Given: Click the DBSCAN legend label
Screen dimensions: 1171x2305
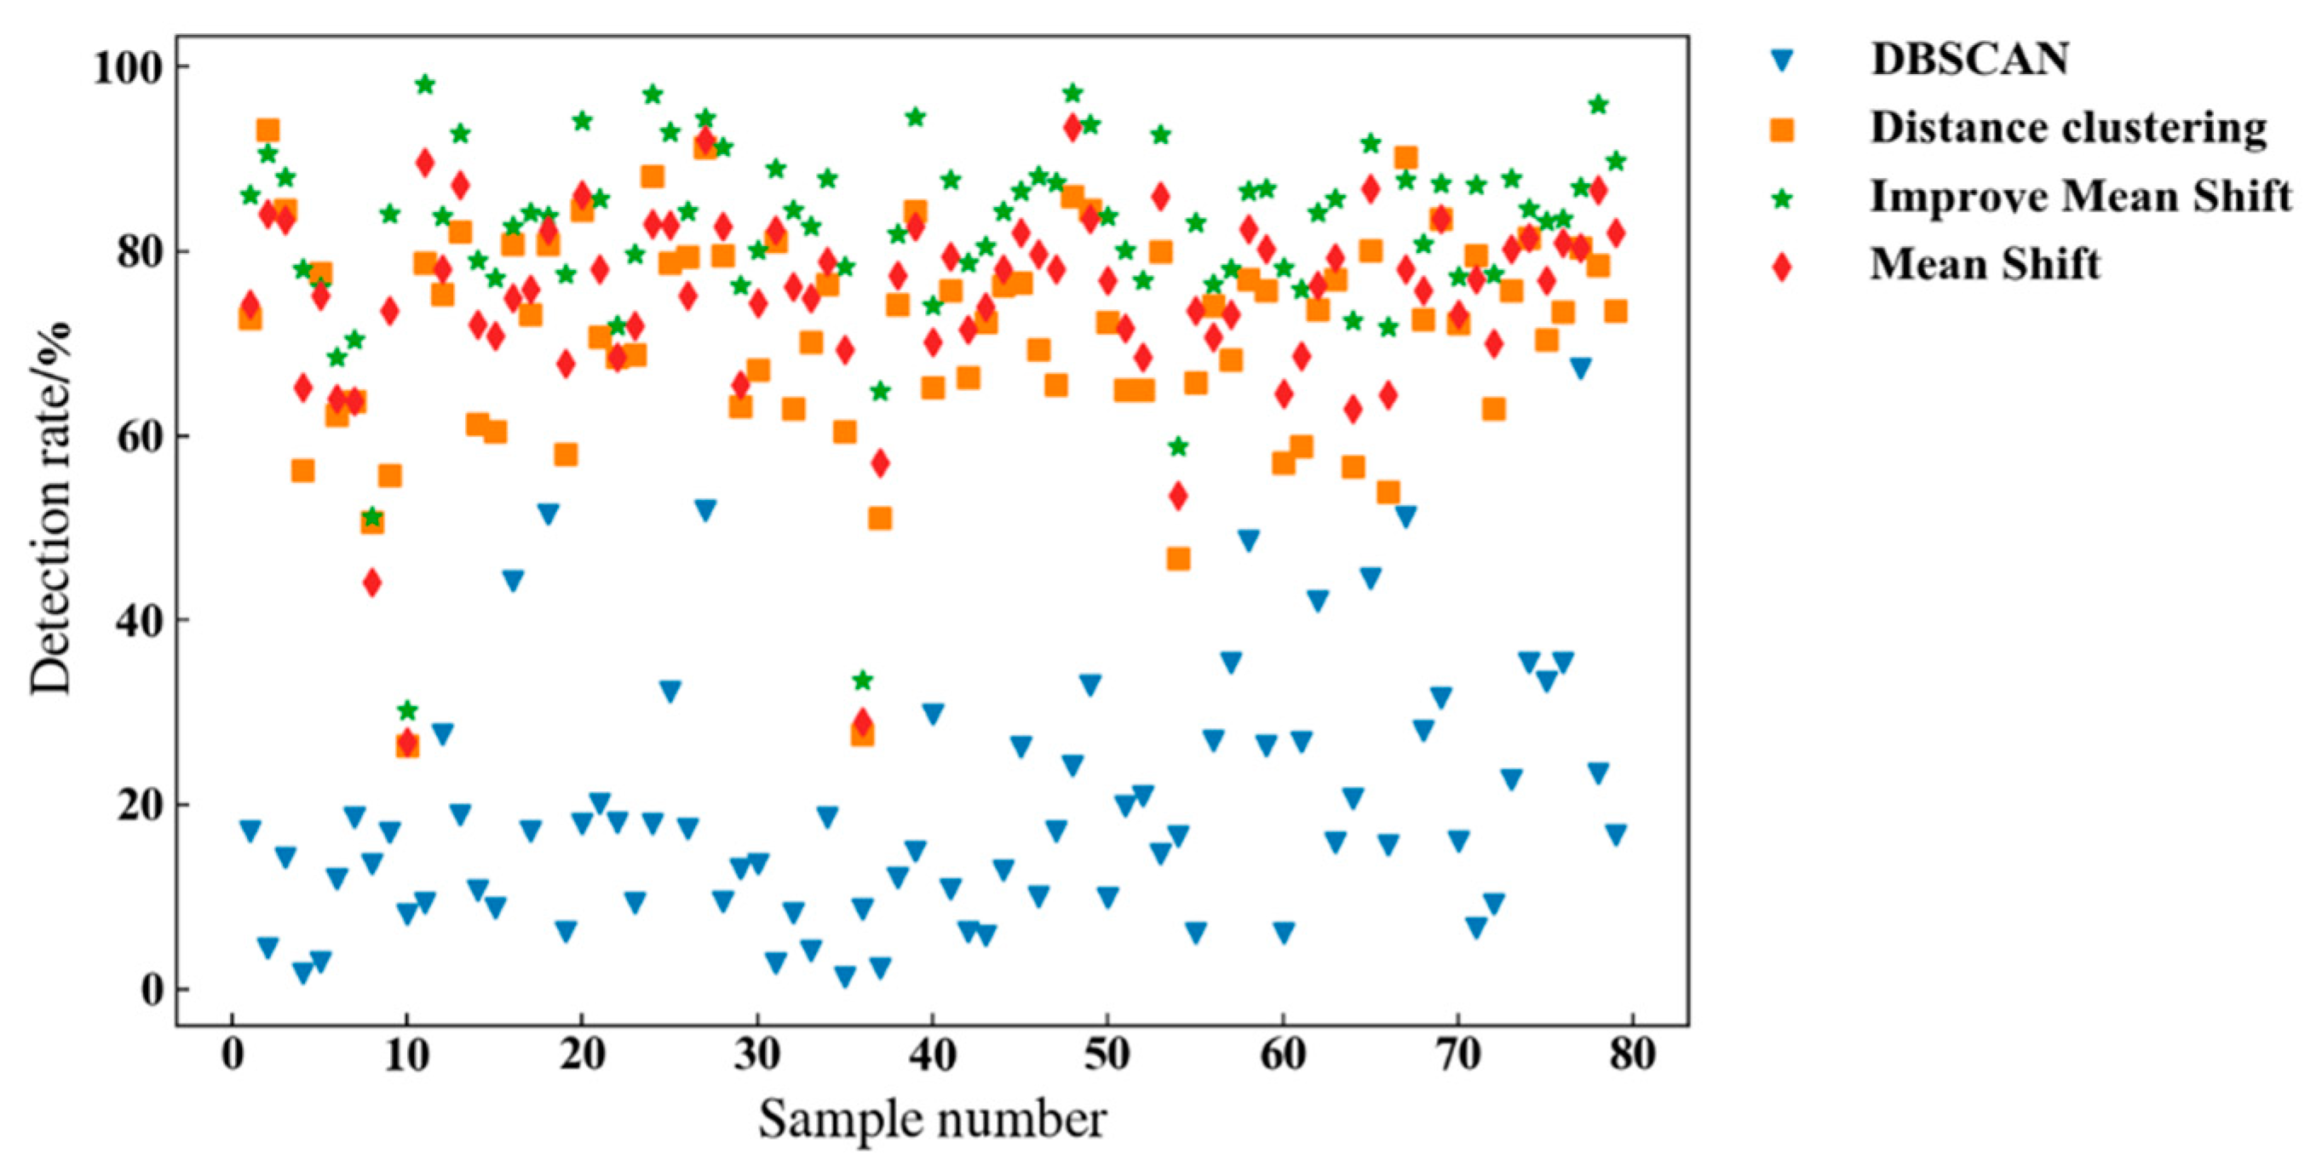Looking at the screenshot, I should [1969, 60].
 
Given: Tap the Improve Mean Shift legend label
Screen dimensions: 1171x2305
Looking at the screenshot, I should [2081, 196].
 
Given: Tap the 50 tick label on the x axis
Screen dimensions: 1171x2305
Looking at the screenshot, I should [1107, 1055].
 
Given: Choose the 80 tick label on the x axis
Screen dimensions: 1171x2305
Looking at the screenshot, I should [1632, 1055].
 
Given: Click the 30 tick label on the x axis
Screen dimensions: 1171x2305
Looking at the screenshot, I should [757, 1055].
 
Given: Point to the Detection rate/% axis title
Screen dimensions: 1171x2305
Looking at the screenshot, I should [51, 508].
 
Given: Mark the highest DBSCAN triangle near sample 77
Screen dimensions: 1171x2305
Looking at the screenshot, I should [1580, 368].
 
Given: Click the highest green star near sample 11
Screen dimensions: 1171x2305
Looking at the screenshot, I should [425, 85].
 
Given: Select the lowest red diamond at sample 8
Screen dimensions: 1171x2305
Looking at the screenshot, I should [372, 583].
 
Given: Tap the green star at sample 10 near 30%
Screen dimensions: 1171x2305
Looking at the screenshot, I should [407, 711].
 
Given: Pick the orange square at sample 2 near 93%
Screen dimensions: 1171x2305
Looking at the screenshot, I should [267, 130].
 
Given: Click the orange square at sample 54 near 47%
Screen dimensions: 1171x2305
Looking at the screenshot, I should [1178, 560].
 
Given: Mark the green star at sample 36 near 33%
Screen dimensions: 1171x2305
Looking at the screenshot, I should [863, 680].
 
